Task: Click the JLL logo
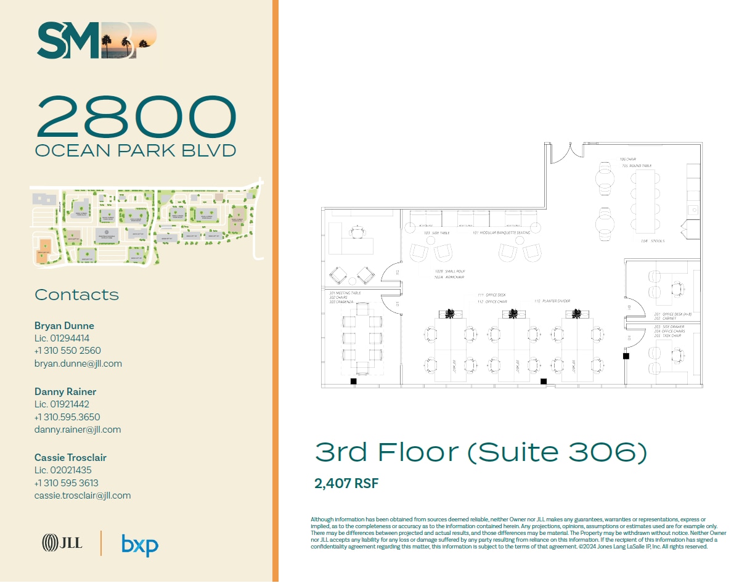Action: (x=62, y=543)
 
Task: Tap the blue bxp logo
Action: (x=140, y=545)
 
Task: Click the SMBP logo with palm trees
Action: (x=97, y=41)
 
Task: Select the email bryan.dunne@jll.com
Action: (x=78, y=364)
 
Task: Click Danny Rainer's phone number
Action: (x=67, y=417)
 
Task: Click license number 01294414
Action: (x=62, y=338)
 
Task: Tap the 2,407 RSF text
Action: (x=346, y=484)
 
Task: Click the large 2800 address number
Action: (x=136, y=116)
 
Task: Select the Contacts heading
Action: (x=76, y=295)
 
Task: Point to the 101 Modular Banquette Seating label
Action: (x=501, y=233)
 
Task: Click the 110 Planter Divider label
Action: (x=552, y=301)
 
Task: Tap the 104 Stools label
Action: (x=652, y=241)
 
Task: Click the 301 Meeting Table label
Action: (x=345, y=293)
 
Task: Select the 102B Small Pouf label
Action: (x=449, y=271)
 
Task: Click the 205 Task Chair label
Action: (x=665, y=336)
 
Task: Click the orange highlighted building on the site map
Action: (x=44, y=251)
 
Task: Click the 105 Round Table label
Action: (x=636, y=166)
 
